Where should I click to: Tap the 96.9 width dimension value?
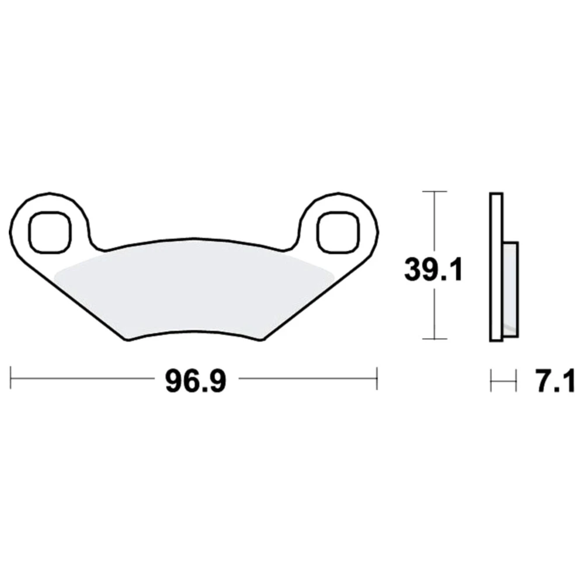tap(196, 381)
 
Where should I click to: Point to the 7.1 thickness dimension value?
tap(555, 381)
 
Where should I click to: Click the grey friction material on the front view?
tap(194, 294)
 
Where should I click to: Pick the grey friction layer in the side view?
tap(510, 290)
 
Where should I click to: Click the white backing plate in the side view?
tap(496, 267)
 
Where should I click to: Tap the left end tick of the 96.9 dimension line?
tap(11, 378)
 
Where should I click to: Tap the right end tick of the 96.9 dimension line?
tap(377, 378)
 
